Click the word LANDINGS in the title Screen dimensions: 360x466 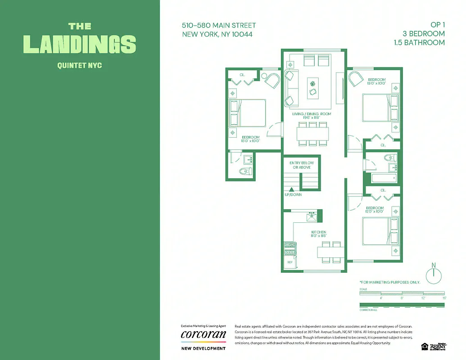coord(80,44)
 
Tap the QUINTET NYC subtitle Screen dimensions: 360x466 coord(80,65)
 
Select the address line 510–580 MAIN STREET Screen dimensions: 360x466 coord(219,26)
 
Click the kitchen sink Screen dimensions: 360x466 coord(312,217)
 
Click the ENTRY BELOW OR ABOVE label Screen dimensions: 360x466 coord(301,165)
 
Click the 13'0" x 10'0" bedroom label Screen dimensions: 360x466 coord(377,81)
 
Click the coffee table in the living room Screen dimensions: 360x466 coord(313,88)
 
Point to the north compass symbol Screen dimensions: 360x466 coord(434,274)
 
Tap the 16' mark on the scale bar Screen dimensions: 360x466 coord(444,298)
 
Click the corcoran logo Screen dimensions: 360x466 coord(203,335)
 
